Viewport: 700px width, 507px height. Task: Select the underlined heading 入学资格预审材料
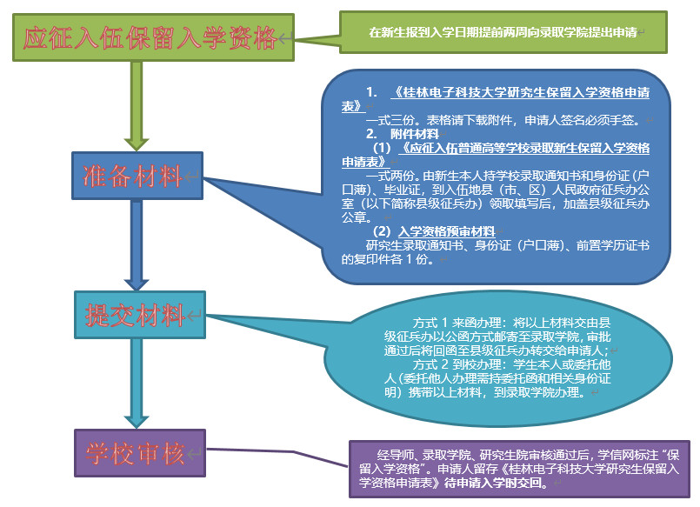click(446, 231)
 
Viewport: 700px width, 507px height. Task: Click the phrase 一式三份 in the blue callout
click(388, 120)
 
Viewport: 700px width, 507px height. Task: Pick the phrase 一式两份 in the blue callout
click(388, 174)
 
